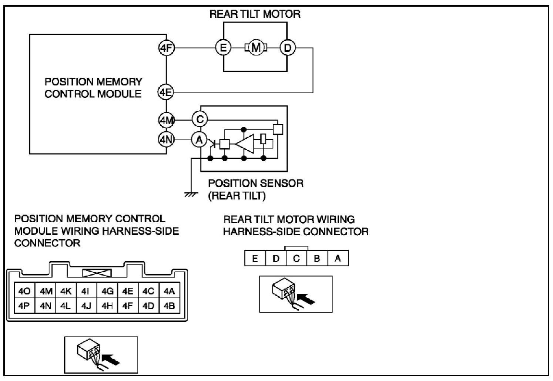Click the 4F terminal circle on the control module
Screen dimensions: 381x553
[x=166, y=48]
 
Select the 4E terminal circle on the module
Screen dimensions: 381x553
[x=166, y=92]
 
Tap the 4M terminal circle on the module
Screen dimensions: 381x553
[x=166, y=120]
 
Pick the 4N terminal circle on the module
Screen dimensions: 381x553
[x=166, y=139]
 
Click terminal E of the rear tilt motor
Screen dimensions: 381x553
[x=223, y=48]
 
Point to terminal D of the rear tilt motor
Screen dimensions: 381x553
[x=288, y=48]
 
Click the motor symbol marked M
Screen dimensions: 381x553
[x=255, y=48]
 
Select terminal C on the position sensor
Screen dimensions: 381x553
[x=200, y=119]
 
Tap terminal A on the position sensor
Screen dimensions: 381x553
[x=200, y=140]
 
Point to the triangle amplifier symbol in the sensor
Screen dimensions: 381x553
[x=245, y=144]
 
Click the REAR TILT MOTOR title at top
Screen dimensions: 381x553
[x=255, y=14]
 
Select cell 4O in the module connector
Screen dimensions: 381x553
[x=24, y=291]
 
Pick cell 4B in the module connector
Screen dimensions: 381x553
[x=169, y=306]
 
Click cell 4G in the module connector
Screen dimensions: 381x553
[x=107, y=291]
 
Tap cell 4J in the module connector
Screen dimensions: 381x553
[x=86, y=306]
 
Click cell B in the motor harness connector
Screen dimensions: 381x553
[x=317, y=259]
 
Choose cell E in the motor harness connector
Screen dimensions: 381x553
[x=255, y=259]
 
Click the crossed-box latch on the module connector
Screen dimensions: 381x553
[x=97, y=273]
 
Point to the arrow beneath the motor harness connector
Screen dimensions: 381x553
[x=306, y=298]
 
